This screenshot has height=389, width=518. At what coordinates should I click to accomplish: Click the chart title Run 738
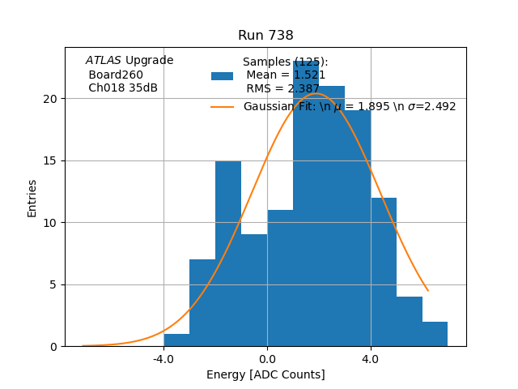click(265, 36)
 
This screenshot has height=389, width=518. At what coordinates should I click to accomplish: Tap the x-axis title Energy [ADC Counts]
click(265, 374)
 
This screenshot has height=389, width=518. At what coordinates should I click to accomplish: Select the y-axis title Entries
click(32, 198)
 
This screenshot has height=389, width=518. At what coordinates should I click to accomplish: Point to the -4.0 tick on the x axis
click(163, 358)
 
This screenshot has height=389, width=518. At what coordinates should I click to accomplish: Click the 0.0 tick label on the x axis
click(267, 358)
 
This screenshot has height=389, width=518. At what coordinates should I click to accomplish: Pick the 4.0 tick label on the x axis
click(371, 358)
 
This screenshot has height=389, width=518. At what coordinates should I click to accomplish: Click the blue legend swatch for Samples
click(222, 76)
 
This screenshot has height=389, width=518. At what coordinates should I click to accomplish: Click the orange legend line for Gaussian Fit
click(222, 106)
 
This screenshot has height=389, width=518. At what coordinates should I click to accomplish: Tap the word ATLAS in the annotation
click(104, 61)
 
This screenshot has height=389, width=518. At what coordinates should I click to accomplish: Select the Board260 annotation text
click(116, 75)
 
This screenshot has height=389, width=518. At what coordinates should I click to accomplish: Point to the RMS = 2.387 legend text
click(282, 89)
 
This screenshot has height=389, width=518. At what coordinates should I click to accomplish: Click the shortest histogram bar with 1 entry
click(176, 340)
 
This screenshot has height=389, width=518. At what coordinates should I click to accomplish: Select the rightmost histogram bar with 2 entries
click(435, 334)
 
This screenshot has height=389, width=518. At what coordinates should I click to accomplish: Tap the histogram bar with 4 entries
click(410, 322)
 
